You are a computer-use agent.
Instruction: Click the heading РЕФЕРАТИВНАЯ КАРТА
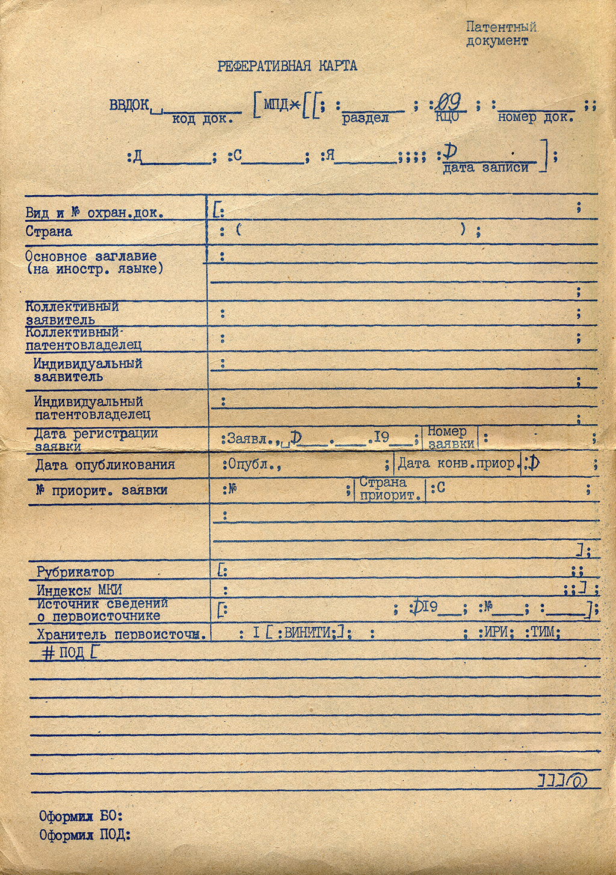(x=287, y=66)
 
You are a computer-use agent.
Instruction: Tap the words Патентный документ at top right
(x=500, y=34)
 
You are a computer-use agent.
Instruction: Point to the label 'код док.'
(x=202, y=119)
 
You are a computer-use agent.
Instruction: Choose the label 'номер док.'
(x=535, y=117)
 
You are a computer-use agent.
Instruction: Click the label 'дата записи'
(x=485, y=168)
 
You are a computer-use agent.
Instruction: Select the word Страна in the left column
(x=49, y=231)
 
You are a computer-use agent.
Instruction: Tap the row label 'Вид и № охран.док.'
(x=94, y=213)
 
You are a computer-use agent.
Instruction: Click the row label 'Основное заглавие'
(x=91, y=257)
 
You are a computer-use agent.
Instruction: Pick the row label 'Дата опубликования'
(x=105, y=465)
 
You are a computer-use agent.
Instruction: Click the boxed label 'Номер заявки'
(x=451, y=437)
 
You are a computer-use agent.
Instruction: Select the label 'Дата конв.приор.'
(x=457, y=463)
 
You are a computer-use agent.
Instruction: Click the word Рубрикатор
(x=75, y=572)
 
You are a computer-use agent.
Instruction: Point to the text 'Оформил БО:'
(x=81, y=816)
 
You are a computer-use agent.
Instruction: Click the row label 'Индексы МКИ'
(x=79, y=590)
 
